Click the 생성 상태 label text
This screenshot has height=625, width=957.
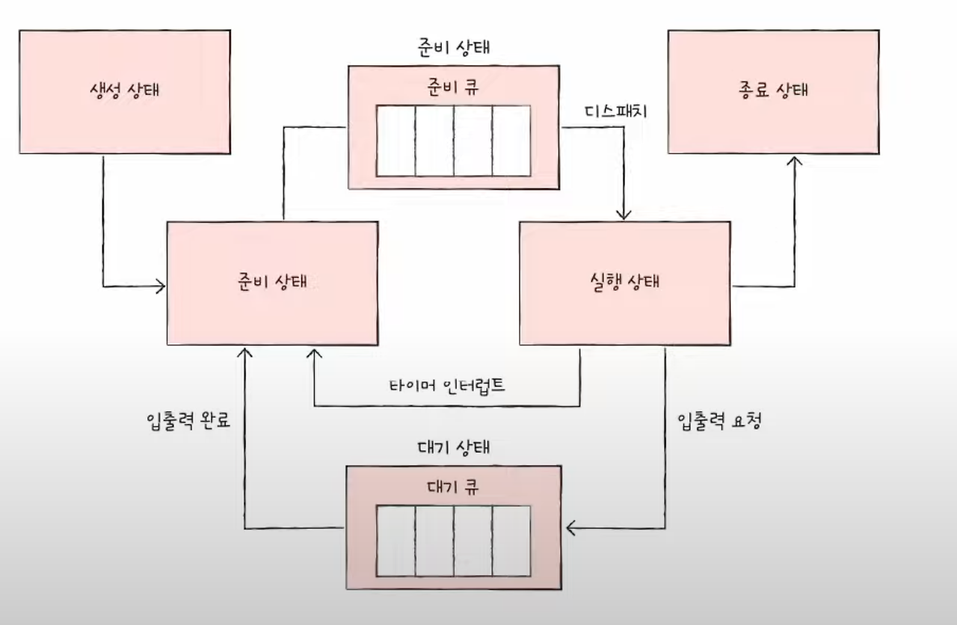124,91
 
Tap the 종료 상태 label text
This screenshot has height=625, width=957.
772,91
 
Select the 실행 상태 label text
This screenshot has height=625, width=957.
625,283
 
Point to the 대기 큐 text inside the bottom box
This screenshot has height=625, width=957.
452,487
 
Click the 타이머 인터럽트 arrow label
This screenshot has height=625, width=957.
447,386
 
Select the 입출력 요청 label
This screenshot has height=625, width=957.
719,420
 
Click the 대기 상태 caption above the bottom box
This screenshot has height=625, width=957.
452,449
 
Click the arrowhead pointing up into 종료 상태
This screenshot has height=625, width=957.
794,160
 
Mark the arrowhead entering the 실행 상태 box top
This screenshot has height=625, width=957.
624,215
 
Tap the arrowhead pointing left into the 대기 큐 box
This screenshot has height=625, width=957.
571,529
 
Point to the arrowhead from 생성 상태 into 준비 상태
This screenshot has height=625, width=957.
160,286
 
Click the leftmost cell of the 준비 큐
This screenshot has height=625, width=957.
396,141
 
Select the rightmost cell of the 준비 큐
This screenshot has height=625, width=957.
511,141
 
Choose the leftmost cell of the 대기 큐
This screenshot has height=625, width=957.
396,541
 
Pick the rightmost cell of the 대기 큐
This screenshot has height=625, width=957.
511,541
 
